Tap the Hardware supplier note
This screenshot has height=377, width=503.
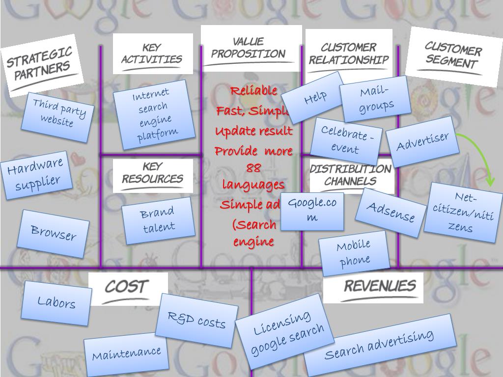coord(36,175)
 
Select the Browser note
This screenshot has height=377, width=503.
coord(53,233)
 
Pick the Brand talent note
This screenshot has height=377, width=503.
coord(158,220)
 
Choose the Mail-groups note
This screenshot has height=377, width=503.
coord(376,99)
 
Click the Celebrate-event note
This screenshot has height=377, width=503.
coord(346,140)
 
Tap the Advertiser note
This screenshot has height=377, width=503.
coord(422,141)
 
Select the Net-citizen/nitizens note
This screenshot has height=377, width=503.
coord(463,213)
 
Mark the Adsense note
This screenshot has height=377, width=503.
coord(391,212)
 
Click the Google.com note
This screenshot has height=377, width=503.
coord(312,211)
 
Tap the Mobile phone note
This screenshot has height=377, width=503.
coord(354,252)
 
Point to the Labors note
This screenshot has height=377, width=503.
coord(57,302)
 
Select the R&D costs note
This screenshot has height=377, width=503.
coord(196,320)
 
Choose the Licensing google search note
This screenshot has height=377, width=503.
coord(285,331)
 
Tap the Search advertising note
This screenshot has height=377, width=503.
coord(379,344)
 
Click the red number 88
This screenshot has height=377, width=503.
coord(253,168)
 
